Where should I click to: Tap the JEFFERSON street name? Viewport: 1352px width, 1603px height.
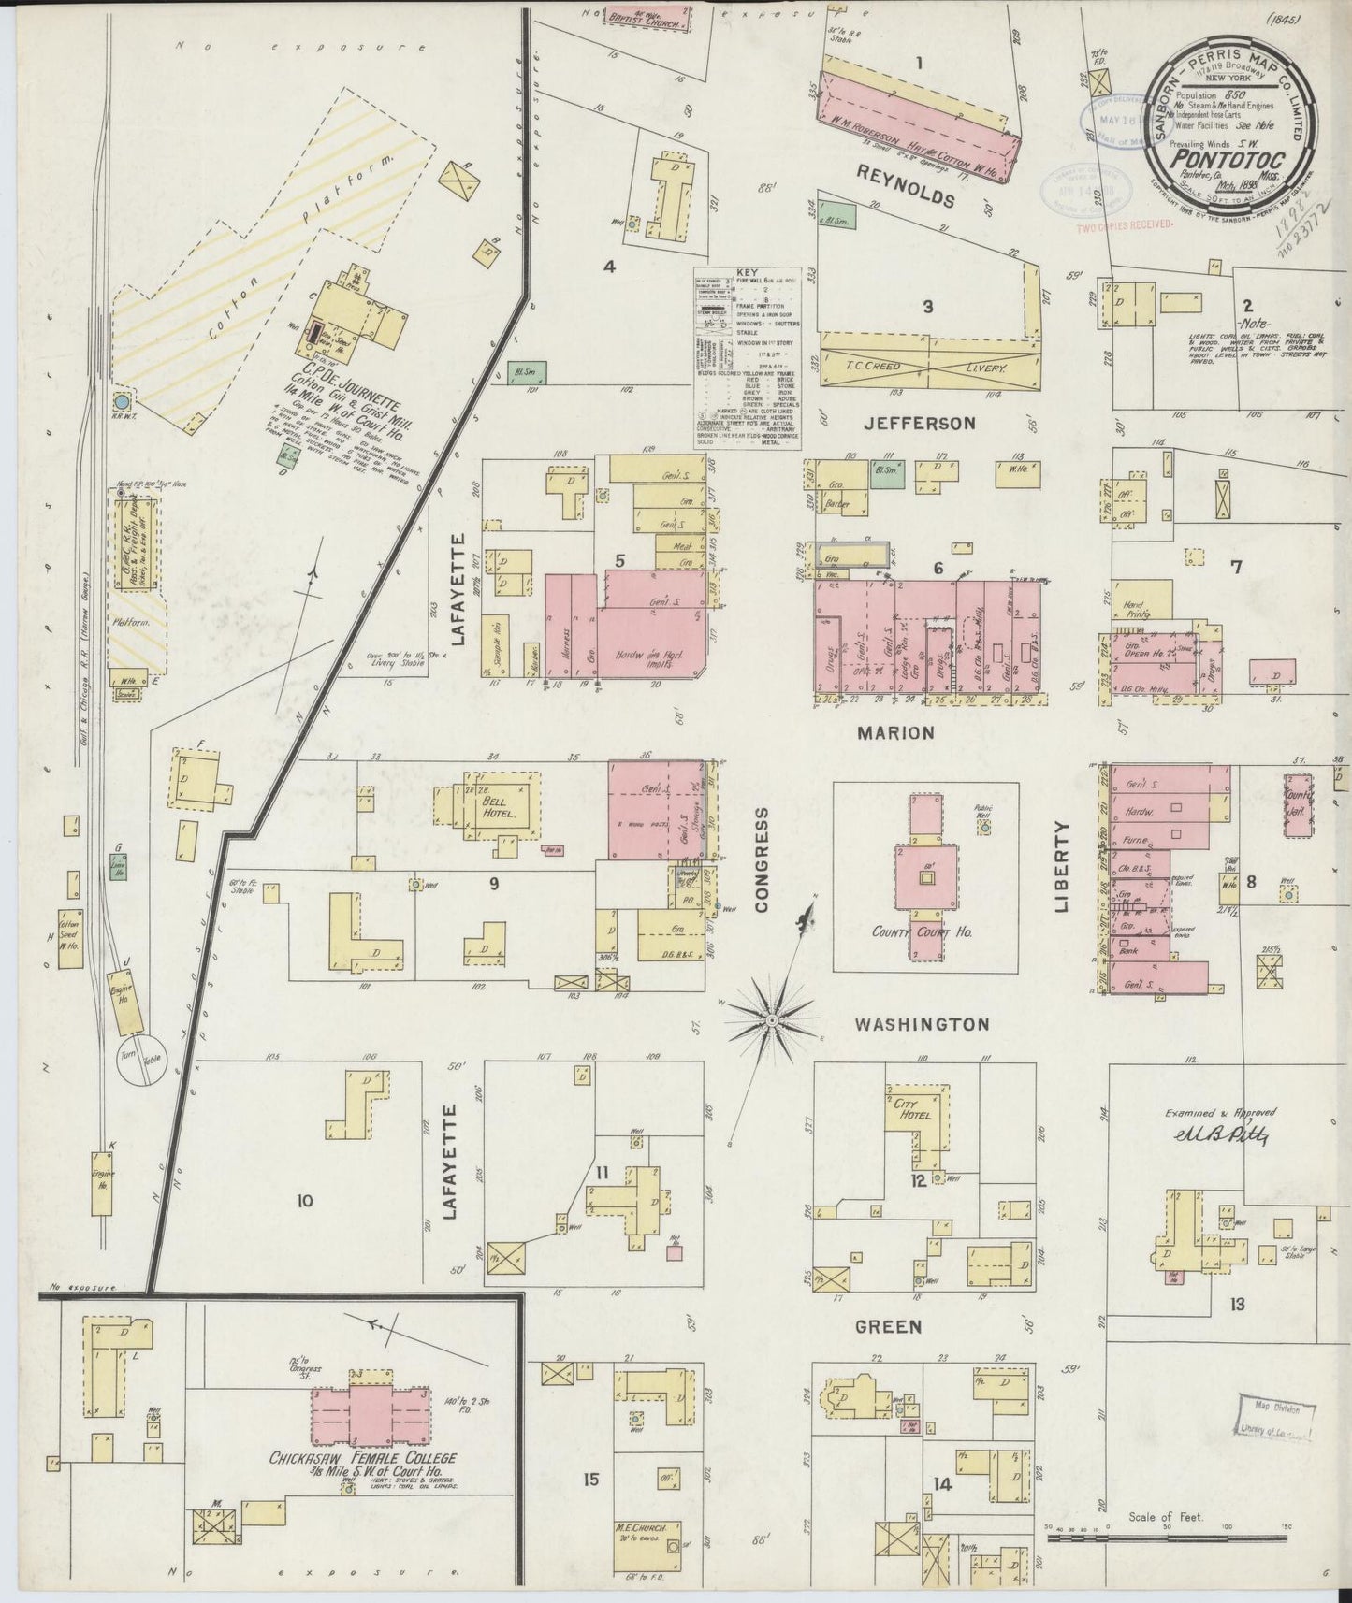(x=919, y=424)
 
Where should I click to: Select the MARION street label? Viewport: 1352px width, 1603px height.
(x=895, y=733)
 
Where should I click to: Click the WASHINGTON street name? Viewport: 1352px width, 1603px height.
(x=922, y=1025)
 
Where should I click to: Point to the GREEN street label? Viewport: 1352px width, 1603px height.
(x=888, y=1326)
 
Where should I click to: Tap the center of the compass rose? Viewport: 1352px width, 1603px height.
(x=772, y=1018)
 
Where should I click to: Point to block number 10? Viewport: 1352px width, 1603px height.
(x=303, y=1202)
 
